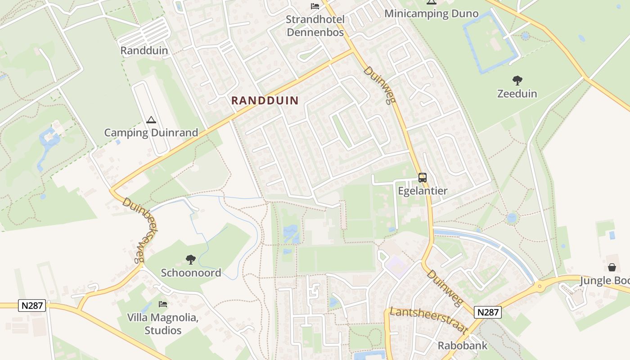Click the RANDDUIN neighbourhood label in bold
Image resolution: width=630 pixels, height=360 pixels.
265,100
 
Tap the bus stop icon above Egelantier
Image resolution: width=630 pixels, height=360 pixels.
423,178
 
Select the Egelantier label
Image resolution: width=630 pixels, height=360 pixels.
423,191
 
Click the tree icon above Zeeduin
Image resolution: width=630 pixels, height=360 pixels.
517,81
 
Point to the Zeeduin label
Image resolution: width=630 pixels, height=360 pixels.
517,94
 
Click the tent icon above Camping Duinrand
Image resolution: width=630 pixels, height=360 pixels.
151,120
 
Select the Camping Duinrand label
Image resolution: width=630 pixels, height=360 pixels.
151,133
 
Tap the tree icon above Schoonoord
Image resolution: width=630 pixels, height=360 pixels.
191,260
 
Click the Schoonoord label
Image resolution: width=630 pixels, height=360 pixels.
191,273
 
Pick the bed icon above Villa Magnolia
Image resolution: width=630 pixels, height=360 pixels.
163,305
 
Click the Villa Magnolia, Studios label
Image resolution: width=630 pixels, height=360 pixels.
163,324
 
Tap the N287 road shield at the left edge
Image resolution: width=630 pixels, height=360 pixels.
32,306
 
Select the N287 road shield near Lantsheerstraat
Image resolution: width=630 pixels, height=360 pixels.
488,312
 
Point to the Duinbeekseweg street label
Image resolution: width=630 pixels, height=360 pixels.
134,230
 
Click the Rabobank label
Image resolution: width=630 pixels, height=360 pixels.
463,346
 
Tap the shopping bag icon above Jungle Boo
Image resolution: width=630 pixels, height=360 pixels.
612,268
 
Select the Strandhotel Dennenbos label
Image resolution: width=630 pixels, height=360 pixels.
315,26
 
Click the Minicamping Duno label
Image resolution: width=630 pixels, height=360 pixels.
431,14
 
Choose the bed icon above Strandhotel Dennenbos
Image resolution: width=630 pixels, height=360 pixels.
315,6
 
